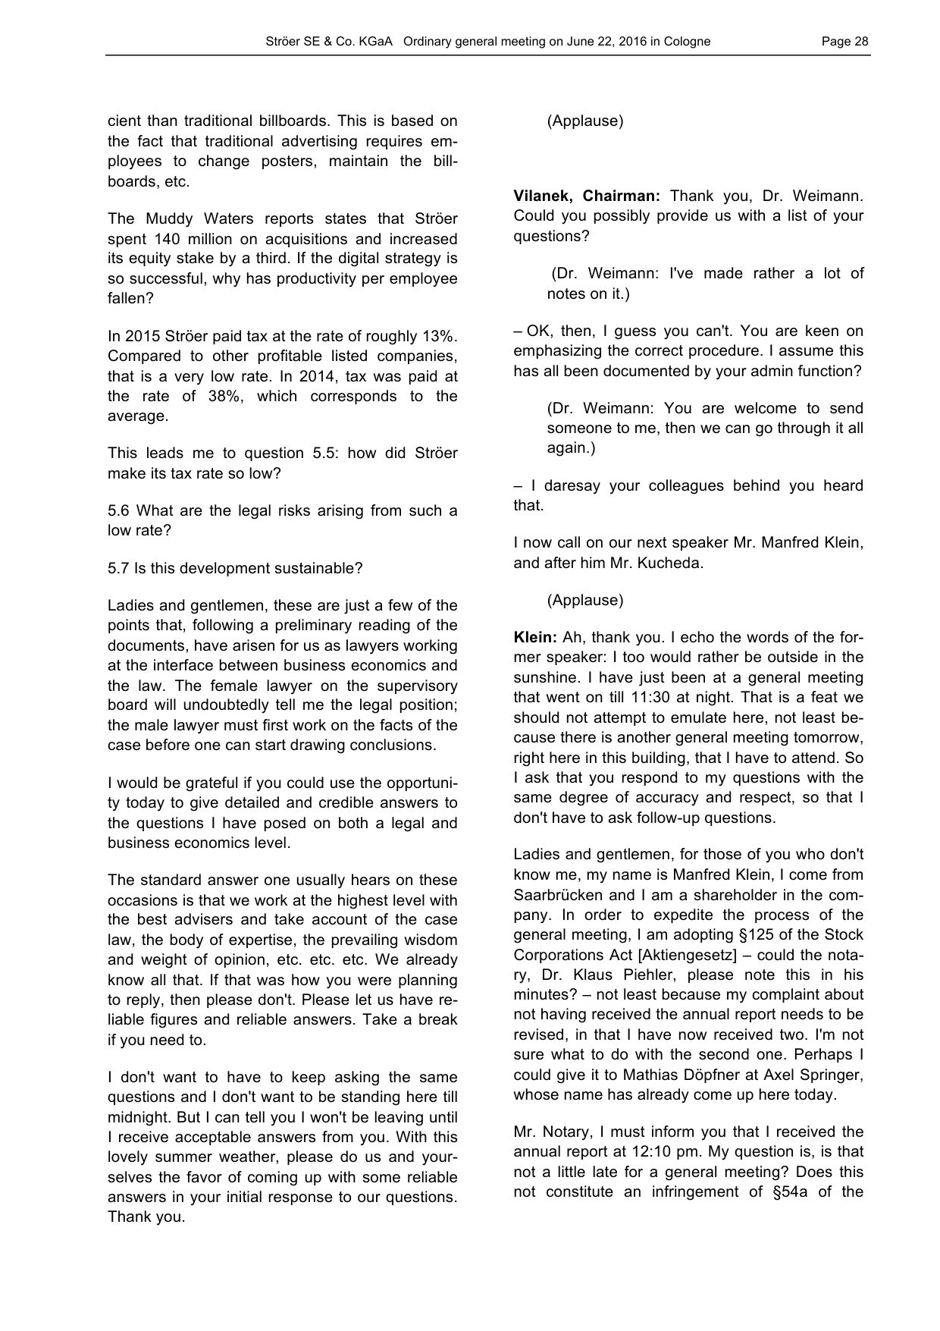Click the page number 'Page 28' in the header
coord(844,42)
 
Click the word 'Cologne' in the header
coord(687,42)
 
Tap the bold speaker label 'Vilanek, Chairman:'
coord(586,196)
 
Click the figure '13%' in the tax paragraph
coord(441,336)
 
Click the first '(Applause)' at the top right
coord(584,121)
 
